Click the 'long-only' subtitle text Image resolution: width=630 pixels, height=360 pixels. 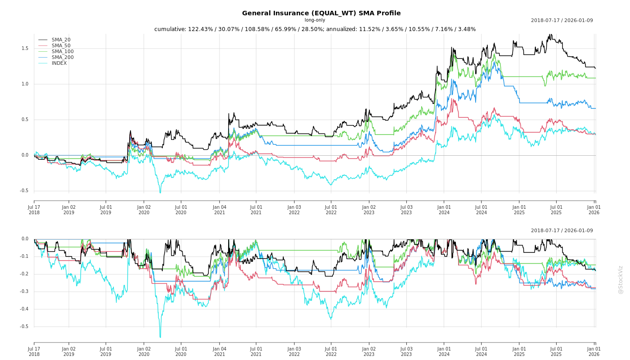coord(315,20)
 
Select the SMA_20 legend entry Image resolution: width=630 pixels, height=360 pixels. coord(61,40)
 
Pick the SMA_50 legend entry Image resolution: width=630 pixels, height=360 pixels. coord(61,45)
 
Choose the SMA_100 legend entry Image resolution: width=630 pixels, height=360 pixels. coord(63,51)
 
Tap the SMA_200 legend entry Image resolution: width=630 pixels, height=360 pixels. coord(63,57)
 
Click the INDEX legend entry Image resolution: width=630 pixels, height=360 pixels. coord(59,63)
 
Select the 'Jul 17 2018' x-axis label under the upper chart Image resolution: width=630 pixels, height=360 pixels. coord(34,210)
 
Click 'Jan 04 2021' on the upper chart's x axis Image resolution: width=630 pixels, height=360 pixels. coord(219,210)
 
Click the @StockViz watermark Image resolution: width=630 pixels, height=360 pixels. coord(621,279)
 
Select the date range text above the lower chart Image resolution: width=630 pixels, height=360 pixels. coord(562,231)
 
